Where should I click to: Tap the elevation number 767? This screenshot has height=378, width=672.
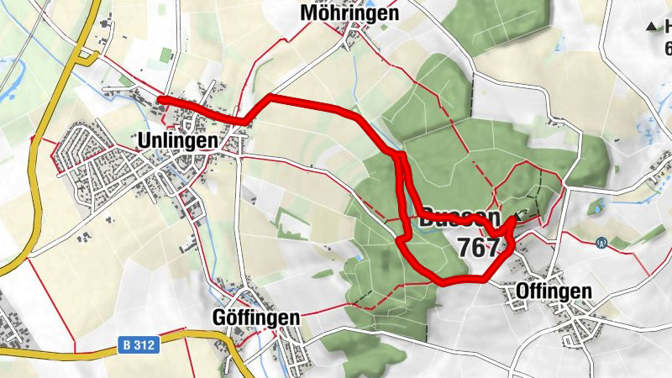480,247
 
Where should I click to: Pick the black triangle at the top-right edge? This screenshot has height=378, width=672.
653,27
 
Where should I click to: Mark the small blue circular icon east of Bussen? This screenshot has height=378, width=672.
601,244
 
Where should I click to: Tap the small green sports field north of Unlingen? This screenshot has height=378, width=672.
166,56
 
